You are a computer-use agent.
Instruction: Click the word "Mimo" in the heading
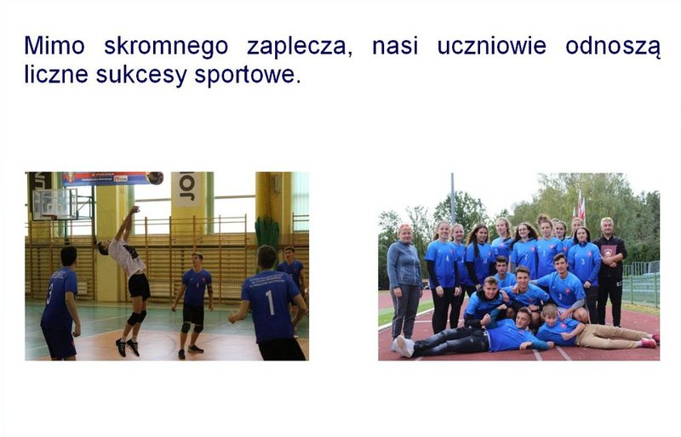point(54,46)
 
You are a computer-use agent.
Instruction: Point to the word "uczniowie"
point(492,46)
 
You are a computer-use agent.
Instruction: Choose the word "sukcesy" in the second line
point(141,76)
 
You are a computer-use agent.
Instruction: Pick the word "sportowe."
point(248,76)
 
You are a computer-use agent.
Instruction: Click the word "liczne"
point(56,74)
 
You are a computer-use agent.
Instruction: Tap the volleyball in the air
point(155,178)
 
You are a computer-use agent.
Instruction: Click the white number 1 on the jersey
point(270,302)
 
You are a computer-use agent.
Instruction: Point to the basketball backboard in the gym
point(54,204)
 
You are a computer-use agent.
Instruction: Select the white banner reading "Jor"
point(186,189)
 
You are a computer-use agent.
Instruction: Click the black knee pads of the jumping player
point(136,318)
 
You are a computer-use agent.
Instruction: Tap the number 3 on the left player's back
point(49,293)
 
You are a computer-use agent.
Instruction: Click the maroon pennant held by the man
point(608,252)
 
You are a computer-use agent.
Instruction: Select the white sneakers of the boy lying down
point(403,346)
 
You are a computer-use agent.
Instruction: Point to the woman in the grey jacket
point(404,282)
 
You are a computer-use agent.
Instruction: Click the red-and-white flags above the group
point(580,206)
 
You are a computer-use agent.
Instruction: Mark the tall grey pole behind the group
point(452,199)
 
